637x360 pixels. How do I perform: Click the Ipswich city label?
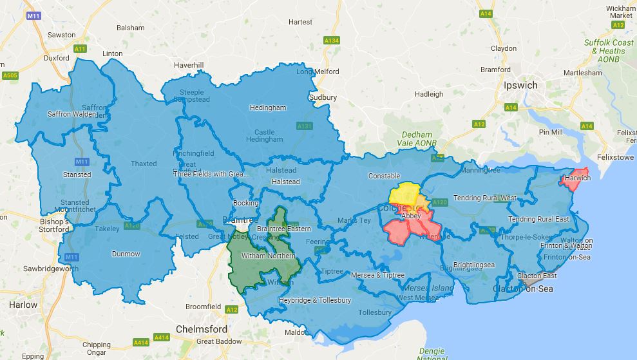pyautogui.click(x=520, y=85)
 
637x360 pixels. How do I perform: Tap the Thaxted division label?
pyautogui.click(x=144, y=164)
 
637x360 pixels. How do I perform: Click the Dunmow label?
pyautogui.click(x=126, y=254)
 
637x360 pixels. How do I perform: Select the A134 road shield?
pyautogui.click(x=331, y=41)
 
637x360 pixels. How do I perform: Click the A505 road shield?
pyautogui.click(x=9, y=75)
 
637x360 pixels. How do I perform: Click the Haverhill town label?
pyautogui.click(x=189, y=65)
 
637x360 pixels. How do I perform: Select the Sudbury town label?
pyautogui.click(x=323, y=97)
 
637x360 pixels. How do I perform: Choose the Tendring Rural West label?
pyautogui.click(x=485, y=198)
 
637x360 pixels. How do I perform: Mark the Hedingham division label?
pyautogui.click(x=267, y=108)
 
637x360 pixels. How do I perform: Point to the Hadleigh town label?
pyautogui.click(x=429, y=94)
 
